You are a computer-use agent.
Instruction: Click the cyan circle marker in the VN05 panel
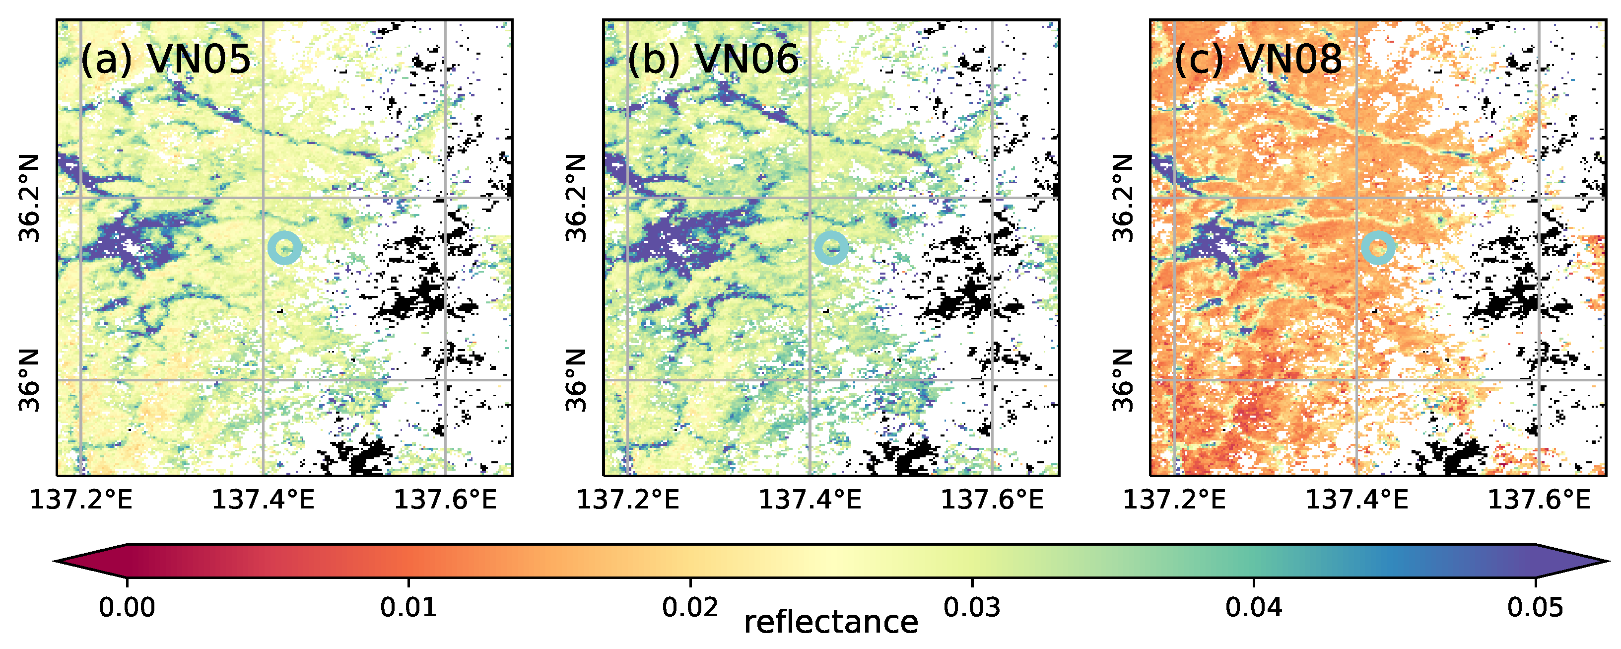pyautogui.click(x=284, y=248)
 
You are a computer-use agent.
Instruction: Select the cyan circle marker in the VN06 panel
pyautogui.click(x=831, y=248)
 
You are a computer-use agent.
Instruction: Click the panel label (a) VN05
pyautogui.click(x=165, y=60)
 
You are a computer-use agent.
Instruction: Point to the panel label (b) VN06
pyautogui.click(x=712, y=60)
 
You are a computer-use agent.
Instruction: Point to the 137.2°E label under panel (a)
pyautogui.click(x=81, y=501)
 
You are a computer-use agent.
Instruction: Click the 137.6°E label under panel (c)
pyautogui.click(x=1538, y=501)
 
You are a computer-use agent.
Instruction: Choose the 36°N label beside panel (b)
pyautogui.click(x=576, y=380)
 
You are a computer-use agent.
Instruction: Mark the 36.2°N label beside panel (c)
pyautogui.click(x=1123, y=198)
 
